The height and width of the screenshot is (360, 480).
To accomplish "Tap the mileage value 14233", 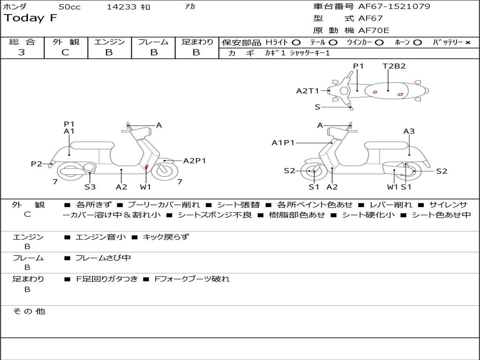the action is point(121,7).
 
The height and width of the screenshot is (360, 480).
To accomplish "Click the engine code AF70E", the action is point(374,31).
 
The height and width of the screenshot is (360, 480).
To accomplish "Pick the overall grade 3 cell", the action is point(22,52).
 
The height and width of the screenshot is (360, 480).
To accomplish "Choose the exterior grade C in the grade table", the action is point(66,52).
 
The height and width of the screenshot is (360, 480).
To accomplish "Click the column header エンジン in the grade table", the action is point(109,42).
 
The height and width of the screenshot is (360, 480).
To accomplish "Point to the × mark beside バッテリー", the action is point(467,42).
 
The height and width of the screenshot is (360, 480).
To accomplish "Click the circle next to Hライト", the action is point(296,42).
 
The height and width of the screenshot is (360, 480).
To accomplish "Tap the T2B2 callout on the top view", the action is point(394,66).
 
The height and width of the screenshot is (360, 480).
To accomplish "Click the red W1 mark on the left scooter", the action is point(147,167).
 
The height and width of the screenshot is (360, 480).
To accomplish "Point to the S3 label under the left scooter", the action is point(90,187).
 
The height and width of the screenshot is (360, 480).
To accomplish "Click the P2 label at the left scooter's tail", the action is point(36,164).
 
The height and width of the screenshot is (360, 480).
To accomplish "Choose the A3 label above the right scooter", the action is point(409,131).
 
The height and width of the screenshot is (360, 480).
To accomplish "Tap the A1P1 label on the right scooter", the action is point(283,143).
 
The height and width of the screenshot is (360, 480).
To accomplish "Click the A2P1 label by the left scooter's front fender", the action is point(195,161).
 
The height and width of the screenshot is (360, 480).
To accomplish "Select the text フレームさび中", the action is point(103,258).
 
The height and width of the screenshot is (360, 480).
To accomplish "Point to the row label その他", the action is point(29,311).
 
